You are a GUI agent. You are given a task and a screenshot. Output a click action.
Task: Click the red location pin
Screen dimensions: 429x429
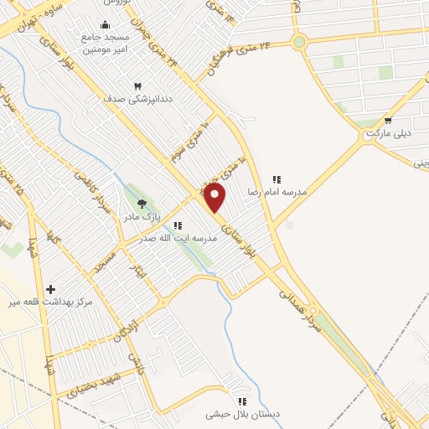pos(215,197)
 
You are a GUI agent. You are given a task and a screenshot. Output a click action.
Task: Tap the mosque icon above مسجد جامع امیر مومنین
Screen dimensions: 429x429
pos(104,25)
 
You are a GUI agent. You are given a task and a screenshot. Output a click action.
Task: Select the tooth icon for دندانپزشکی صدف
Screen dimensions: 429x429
pos(138,85)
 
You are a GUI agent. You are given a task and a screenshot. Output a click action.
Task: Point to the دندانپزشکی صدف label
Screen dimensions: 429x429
pos(132,99)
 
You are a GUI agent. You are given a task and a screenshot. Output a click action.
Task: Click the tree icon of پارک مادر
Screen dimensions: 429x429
pos(142,204)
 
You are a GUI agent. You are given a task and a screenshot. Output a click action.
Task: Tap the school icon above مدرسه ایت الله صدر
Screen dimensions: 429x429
pos(178,225)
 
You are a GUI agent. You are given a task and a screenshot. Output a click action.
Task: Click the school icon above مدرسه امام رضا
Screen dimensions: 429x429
pos(276,179)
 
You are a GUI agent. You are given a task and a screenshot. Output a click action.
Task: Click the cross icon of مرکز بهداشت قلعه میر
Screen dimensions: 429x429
pos(51,287)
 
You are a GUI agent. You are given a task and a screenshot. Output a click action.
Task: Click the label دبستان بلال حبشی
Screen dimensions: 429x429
pos(243,415)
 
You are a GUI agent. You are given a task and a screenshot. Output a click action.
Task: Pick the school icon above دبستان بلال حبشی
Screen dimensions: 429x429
pos(242,401)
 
